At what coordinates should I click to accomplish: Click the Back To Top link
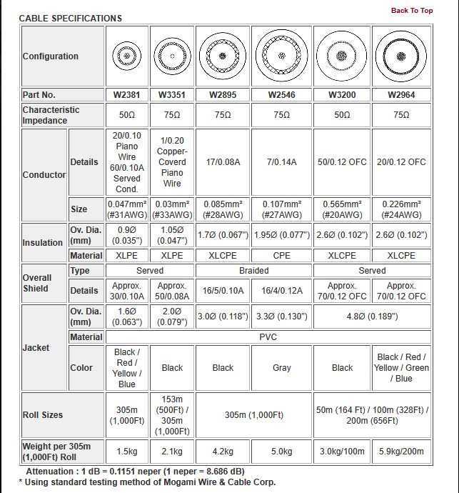tap(412, 11)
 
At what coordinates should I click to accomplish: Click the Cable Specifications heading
tap(70, 19)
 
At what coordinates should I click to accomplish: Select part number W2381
tap(126, 95)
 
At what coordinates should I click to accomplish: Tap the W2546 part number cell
tap(282, 95)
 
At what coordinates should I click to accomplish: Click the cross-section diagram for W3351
tap(172, 56)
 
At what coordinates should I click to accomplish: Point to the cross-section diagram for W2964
tap(401, 56)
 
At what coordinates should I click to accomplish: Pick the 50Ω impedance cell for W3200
tap(342, 115)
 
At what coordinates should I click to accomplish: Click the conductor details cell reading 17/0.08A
tap(223, 162)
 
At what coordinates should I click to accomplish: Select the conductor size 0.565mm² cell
tap(342, 209)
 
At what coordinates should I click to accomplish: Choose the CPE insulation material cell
tap(282, 255)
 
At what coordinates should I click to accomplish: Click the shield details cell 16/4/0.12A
tap(282, 291)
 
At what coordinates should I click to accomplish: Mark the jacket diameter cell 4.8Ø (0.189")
tap(372, 317)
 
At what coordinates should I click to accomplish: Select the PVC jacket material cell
tap(268, 337)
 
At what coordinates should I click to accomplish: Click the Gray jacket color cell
tap(282, 368)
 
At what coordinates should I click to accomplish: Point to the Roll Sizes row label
tap(43, 415)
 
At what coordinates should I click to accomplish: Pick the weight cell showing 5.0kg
tap(282, 452)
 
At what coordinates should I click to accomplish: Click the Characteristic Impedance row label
tap(51, 115)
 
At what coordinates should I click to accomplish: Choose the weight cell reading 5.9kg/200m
tap(401, 452)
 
